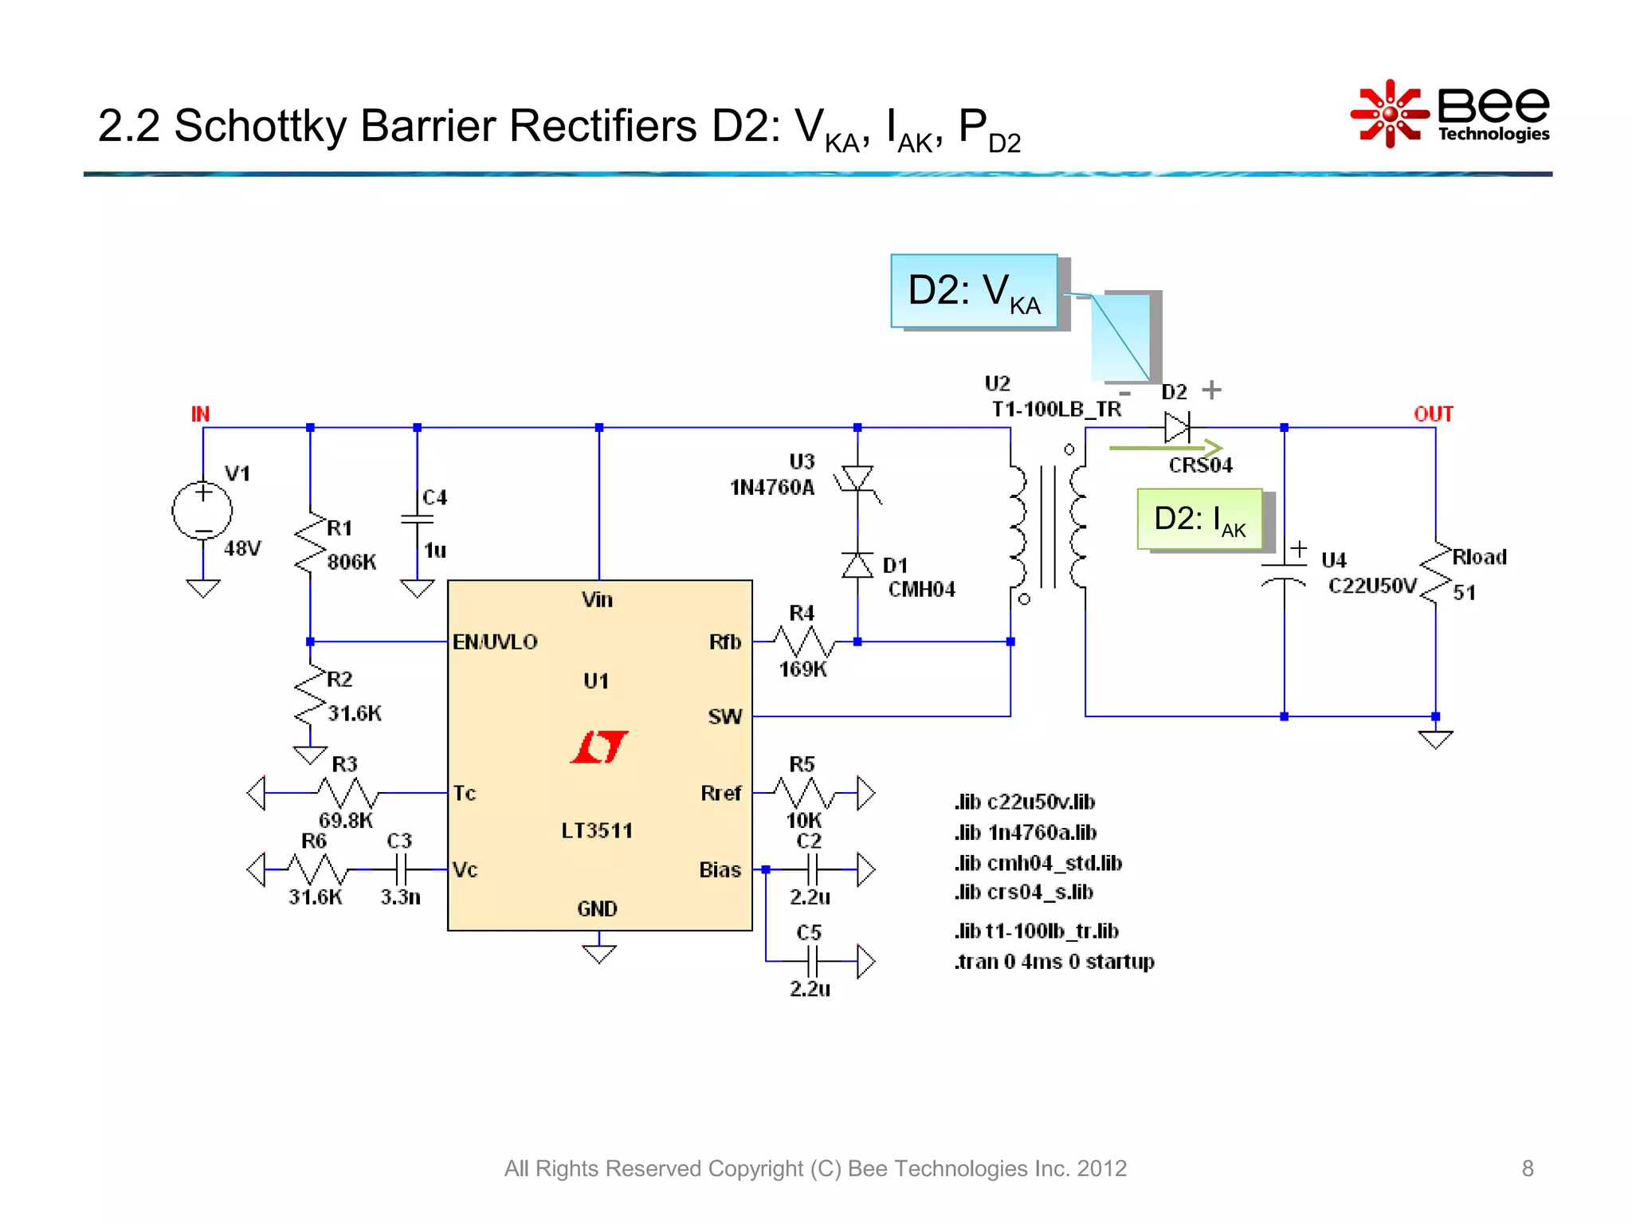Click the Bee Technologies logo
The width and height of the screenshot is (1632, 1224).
[1450, 114]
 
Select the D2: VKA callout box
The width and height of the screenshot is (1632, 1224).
[974, 291]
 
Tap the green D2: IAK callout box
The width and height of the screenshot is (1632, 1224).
[1199, 520]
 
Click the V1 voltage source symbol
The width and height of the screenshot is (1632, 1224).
[202, 511]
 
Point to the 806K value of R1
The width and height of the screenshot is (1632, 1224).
[351, 562]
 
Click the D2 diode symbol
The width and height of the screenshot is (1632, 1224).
[1177, 427]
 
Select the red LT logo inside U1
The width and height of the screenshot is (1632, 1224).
[599, 747]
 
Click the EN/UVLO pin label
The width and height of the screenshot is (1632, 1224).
[495, 641]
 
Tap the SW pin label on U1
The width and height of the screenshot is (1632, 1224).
[724, 716]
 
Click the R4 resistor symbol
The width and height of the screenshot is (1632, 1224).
[803, 641]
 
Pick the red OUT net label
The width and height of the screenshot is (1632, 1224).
[1433, 414]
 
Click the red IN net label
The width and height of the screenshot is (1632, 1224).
[200, 414]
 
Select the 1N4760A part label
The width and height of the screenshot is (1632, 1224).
[772, 487]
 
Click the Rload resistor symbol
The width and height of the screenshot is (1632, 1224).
[1436, 574]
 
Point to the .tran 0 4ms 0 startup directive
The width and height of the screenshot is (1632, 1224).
[1053, 961]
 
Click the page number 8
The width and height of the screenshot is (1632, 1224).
[1527, 1168]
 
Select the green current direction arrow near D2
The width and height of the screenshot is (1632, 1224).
[1165, 449]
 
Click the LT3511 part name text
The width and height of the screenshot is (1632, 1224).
[597, 830]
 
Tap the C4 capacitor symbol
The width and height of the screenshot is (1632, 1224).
[417, 520]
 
